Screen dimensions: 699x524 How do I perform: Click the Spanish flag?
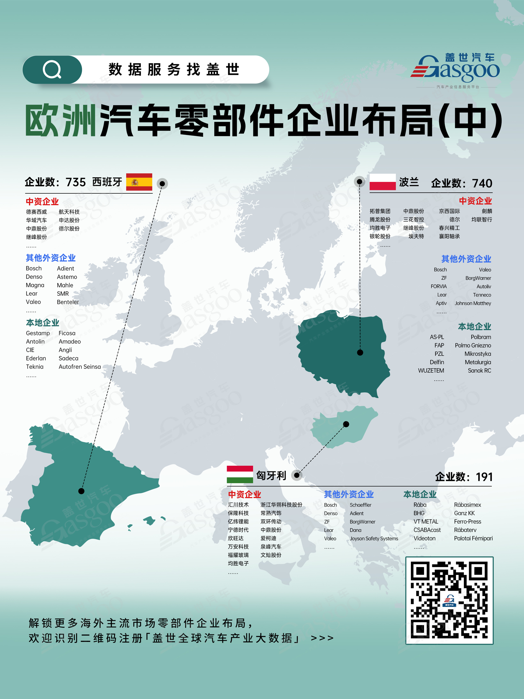(x=139, y=182)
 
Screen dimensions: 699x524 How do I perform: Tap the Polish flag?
(x=382, y=182)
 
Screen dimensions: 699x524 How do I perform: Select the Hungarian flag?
(x=240, y=474)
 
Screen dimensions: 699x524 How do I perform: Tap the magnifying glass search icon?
(x=52, y=70)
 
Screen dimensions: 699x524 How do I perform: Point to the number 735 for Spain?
(x=76, y=183)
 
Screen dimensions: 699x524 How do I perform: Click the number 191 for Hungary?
(x=484, y=477)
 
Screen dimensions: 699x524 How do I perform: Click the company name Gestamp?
(x=38, y=333)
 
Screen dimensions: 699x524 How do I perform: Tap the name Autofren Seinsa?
(x=80, y=367)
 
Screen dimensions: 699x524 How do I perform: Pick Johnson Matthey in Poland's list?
(x=473, y=303)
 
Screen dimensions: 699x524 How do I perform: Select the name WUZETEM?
(x=431, y=370)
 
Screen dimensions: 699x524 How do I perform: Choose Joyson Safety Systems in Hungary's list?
(x=374, y=539)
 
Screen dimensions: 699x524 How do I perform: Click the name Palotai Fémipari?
(x=473, y=538)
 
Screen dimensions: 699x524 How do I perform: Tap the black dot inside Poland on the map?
(x=360, y=353)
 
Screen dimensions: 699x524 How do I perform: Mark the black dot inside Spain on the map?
(x=81, y=491)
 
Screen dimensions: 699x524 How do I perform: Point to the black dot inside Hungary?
(x=346, y=424)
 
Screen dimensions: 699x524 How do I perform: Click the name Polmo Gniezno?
(x=473, y=346)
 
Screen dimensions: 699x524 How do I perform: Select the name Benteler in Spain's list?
(x=68, y=302)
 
